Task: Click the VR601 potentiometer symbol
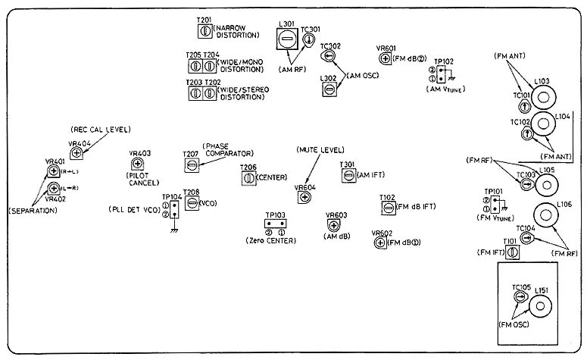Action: pyautogui.click(x=385, y=58)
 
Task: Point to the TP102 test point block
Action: pyautogui.click(x=439, y=74)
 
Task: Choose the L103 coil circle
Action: pyautogui.click(x=543, y=97)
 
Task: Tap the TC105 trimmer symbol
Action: pyautogui.click(x=520, y=298)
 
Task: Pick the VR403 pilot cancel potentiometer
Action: pyautogui.click(x=138, y=164)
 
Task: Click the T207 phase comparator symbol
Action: pyautogui.click(x=192, y=165)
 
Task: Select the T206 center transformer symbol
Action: pyautogui.click(x=247, y=178)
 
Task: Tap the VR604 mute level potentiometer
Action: pyautogui.click(x=304, y=198)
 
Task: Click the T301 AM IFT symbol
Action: pyautogui.click(x=348, y=175)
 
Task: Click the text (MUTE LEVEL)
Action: pyautogui.click(x=320, y=149)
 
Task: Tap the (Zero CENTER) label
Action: pyautogui.click(x=271, y=240)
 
